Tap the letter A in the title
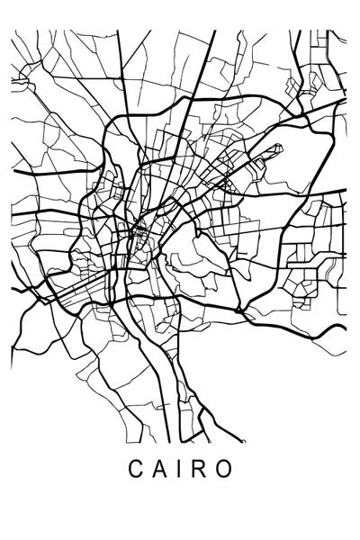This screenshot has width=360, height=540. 160,470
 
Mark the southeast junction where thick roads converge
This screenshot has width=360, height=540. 241,310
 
